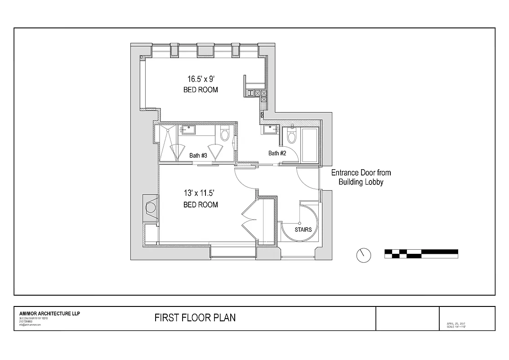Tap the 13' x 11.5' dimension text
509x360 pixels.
(201, 193)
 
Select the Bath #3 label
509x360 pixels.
(198, 155)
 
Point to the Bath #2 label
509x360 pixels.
(277, 153)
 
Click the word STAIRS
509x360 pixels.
(303, 229)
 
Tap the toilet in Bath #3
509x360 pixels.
(225, 134)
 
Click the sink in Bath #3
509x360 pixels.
(188, 130)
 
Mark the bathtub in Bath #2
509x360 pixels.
(310, 145)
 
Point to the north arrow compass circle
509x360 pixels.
(364, 255)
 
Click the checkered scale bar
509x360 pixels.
(421, 254)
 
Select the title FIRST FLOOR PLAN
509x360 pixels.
(195, 318)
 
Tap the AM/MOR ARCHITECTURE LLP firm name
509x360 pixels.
(49, 314)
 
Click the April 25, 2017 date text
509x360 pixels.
(456, 324)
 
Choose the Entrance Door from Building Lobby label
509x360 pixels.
(361, 177)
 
